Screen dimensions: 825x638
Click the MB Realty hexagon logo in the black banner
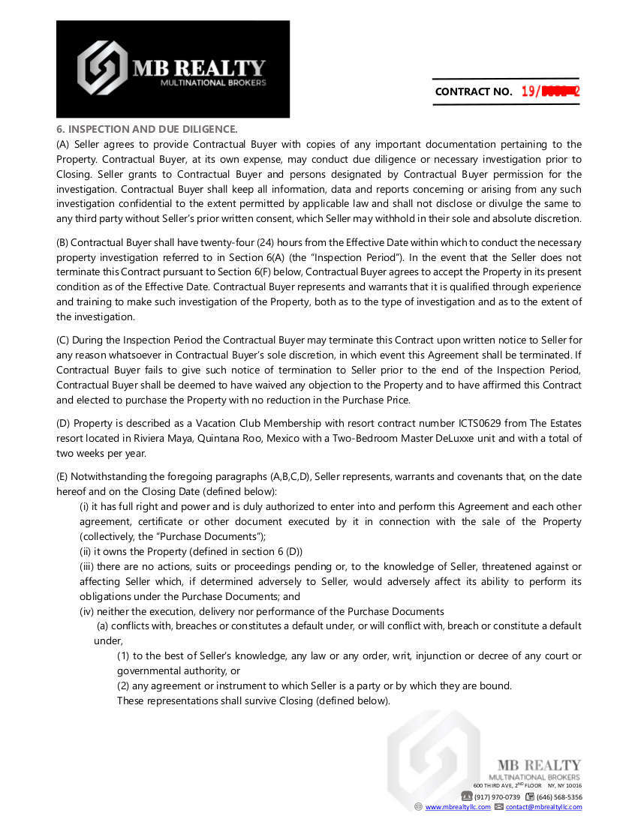103,68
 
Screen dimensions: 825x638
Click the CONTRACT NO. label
474,92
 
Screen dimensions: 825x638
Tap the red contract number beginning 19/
550,91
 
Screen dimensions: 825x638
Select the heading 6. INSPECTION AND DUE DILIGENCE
147,129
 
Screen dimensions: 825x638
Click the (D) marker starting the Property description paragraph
63,423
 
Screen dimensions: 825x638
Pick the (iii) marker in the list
88,566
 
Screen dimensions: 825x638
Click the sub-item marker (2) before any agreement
123,685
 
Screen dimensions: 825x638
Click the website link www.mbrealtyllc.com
458,807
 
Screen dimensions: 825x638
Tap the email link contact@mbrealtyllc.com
543,807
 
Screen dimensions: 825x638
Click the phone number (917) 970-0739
497,796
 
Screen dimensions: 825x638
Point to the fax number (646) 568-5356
559,796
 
